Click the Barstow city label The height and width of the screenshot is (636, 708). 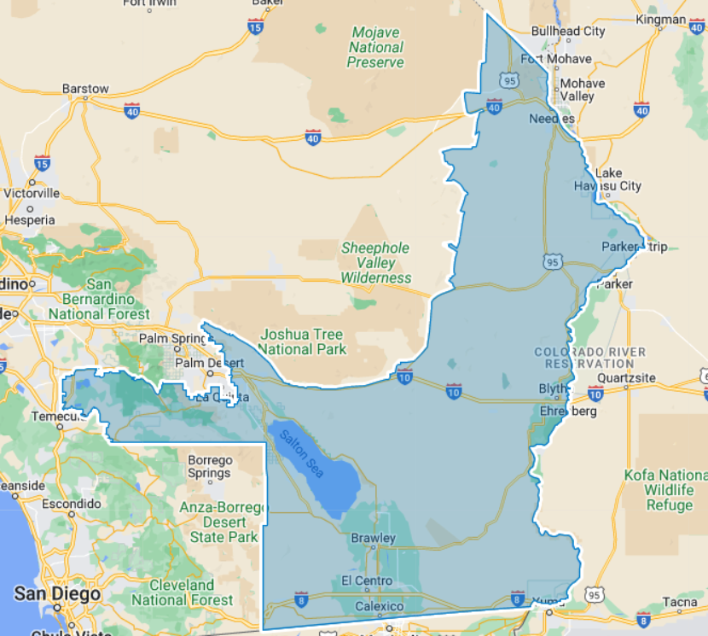click(85, 88)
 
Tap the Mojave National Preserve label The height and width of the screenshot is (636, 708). click(375, 47)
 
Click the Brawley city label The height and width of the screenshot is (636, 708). click(373, 539)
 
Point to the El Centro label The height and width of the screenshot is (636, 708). click(367, 581)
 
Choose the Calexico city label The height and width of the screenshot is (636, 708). click(379, 606)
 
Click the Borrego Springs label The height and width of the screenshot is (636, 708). click(209, 466)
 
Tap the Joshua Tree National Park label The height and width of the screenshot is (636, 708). click(302, 341)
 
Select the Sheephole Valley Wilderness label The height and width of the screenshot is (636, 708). click(375, 262)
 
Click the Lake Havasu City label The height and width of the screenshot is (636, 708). click(618, 179)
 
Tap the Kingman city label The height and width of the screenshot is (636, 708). click(660, 19)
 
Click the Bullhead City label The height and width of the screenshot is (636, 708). click(568, 31)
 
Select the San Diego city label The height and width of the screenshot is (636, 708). click(57, 592)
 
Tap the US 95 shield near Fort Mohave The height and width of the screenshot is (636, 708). click(510, 79)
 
